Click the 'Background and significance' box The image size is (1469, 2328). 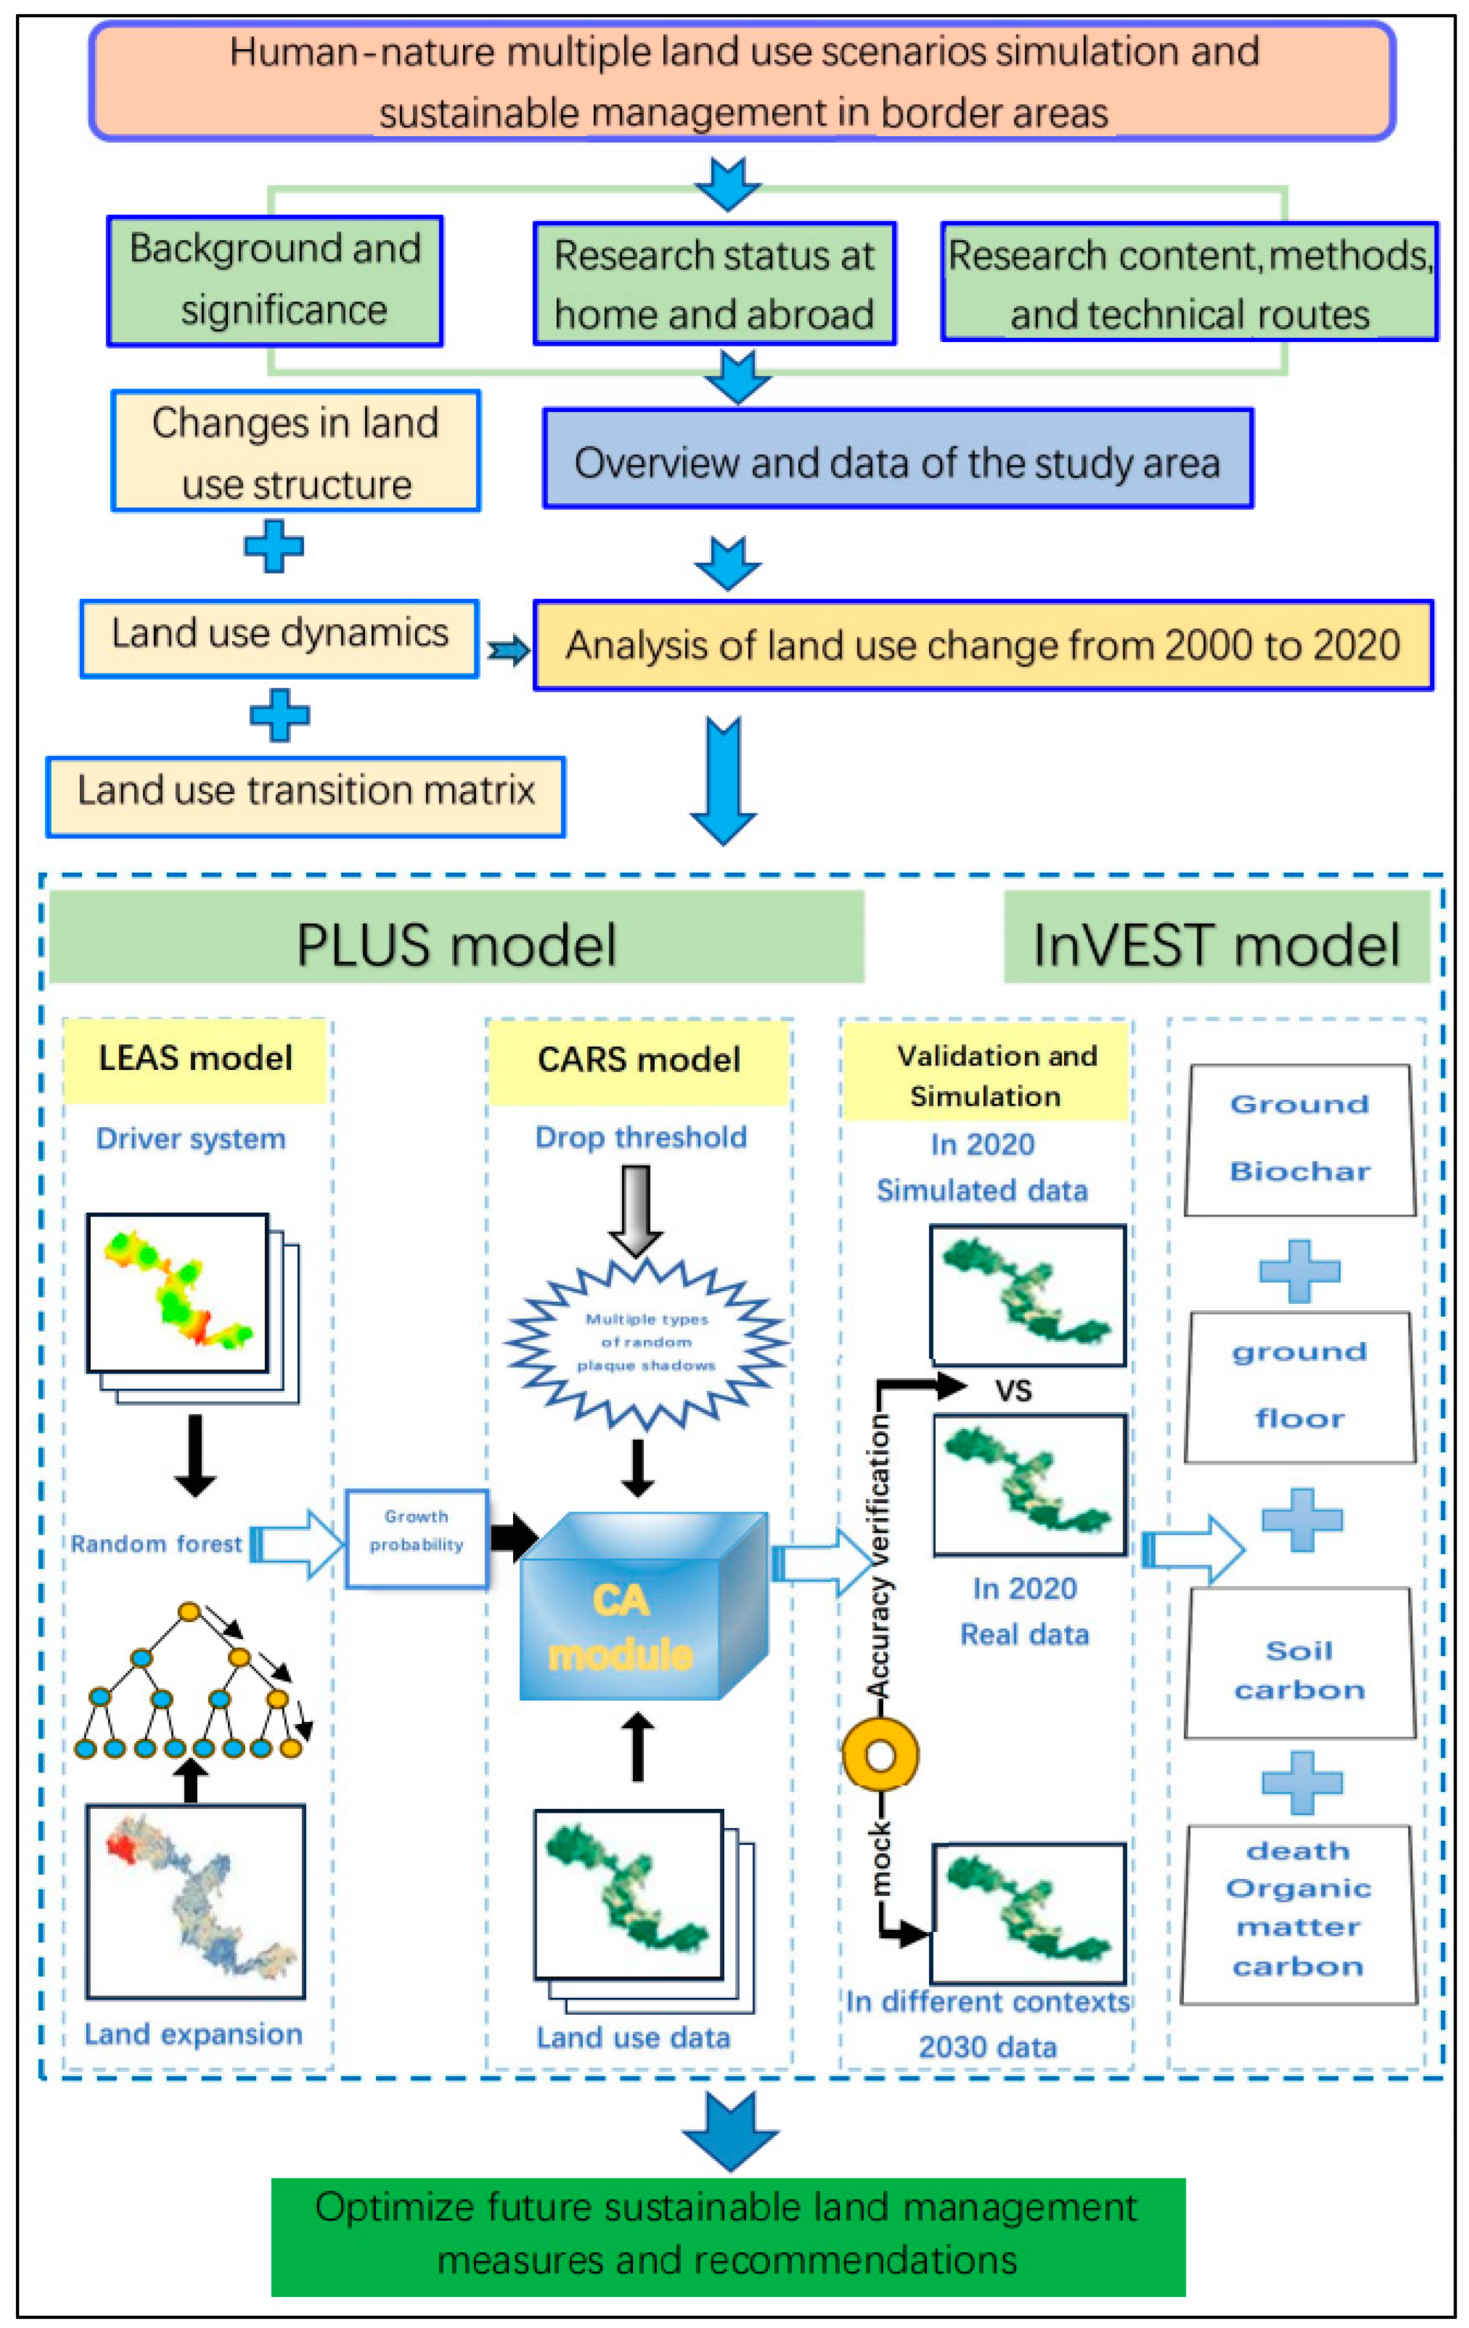point(275,280)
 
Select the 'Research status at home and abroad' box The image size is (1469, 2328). point(714,283)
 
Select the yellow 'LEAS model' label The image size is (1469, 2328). point(195,1059)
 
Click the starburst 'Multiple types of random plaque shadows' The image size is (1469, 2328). point(646,1342)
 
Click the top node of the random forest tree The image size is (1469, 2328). point(190,1612)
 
